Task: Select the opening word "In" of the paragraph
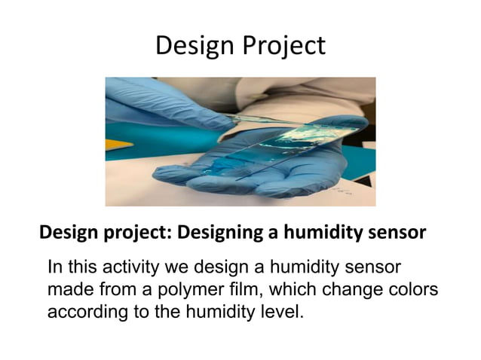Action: click(54, 267)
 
